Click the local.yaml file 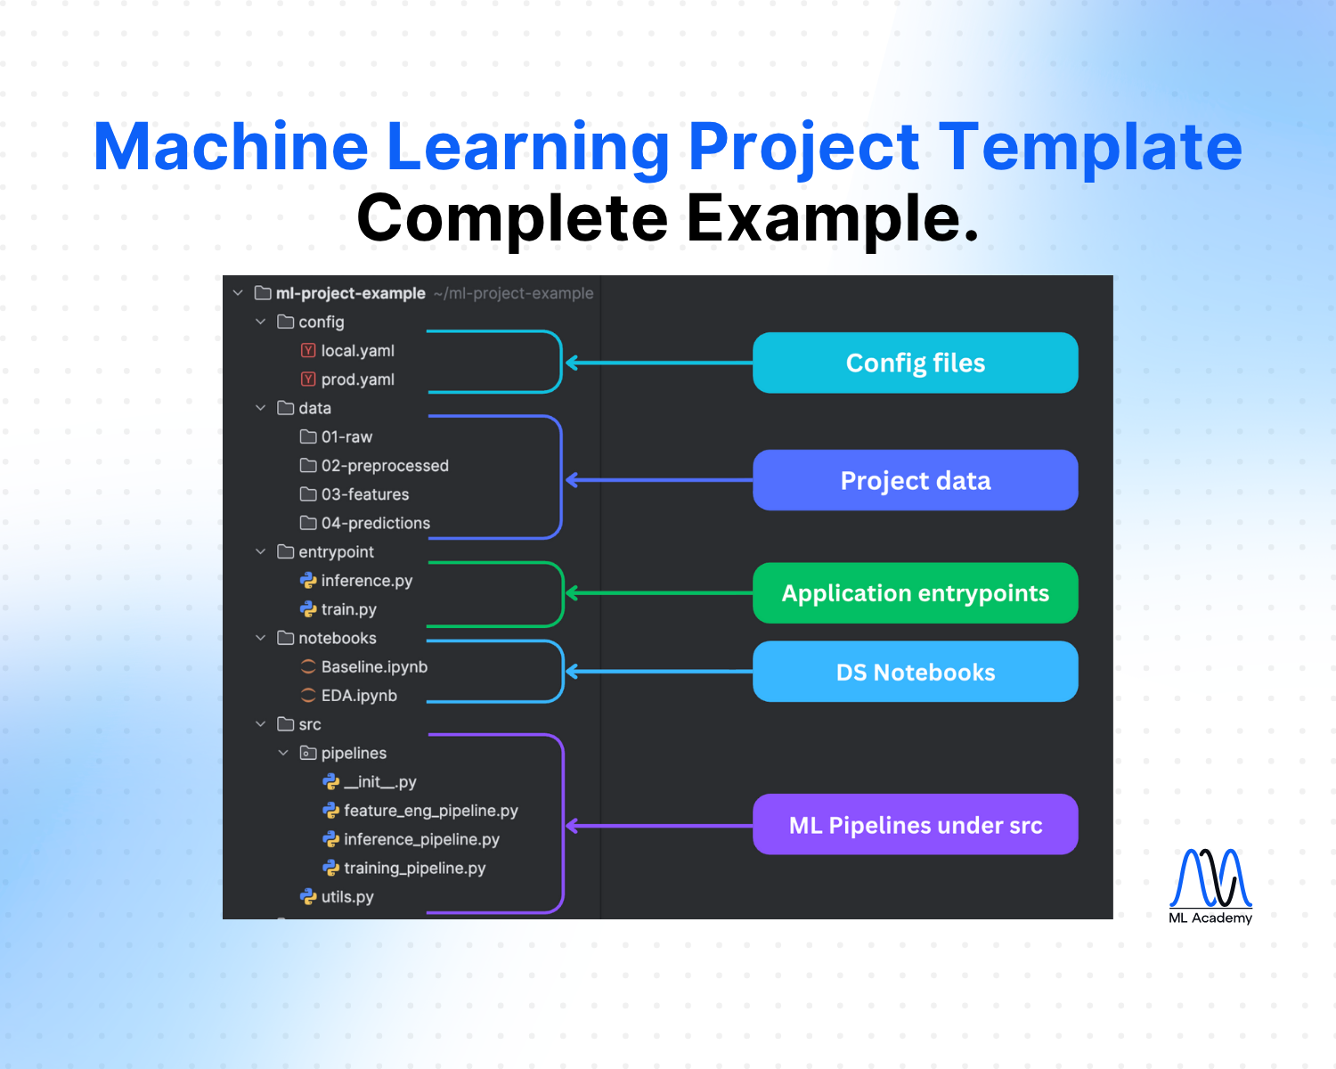click(356, 351)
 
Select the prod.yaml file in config click(356, 379)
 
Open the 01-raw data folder click(346, 437)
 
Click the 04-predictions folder click(374, 523)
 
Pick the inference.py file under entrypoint click(365, 581)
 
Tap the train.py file click(347, 609)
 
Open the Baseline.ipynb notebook click(373, 667)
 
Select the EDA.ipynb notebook click(358, 696)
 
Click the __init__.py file click(379, 782)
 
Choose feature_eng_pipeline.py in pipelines click(430, 811)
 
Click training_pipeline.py click(414, 869)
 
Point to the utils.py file click(346, 897)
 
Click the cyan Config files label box click(915, 363)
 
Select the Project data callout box click(915, 480)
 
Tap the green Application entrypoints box click(915, 593)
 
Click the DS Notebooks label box click(915, 672)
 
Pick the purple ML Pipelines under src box click(915, 825)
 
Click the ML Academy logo click(1210, 885)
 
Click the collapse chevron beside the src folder click(261, 724)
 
